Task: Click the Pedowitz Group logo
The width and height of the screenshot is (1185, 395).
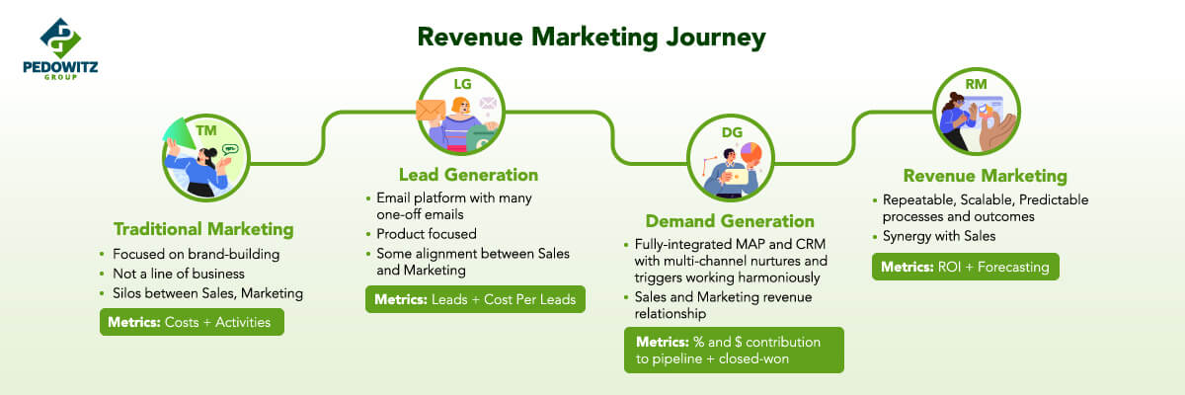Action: point(60,48)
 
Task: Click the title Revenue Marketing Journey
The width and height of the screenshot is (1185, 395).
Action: point(592,38)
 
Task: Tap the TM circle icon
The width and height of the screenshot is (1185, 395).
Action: point(205,158)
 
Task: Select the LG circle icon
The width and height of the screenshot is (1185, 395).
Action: point(461,112)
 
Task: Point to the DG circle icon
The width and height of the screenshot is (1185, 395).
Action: point(731,158)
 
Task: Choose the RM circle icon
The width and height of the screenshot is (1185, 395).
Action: point(976,112)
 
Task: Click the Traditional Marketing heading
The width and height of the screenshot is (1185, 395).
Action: point(203,229)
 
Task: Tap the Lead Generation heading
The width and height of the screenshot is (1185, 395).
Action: point(469,175)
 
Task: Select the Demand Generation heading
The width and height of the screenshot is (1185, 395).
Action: point(730,221)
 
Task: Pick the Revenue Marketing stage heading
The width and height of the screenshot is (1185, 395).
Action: point(986,176)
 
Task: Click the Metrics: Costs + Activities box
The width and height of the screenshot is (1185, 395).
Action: point(192,322)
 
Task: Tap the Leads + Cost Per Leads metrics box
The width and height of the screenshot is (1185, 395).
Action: point(475,299)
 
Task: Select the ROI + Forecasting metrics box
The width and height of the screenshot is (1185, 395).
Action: point(966,267)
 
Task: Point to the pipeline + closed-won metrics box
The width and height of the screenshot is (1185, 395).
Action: point(734,350)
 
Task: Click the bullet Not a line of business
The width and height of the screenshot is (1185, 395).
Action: point(179,274)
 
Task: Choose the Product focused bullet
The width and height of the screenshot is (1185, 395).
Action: point(427,234)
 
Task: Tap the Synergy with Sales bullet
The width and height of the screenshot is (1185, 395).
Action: point(939,236)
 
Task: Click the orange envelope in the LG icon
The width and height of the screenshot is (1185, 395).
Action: point(431,111)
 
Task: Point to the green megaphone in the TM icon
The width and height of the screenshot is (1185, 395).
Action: point(180,132)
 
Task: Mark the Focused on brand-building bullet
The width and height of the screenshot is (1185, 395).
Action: point(196,255)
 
